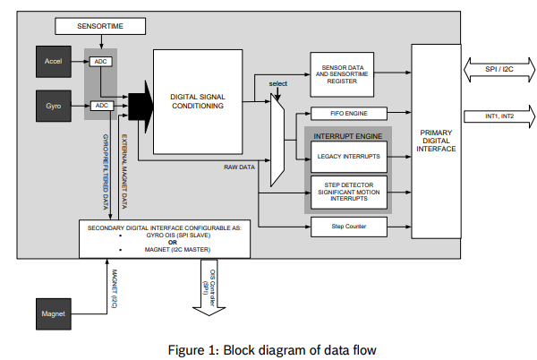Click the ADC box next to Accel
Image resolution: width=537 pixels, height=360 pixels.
[x=100, y=61]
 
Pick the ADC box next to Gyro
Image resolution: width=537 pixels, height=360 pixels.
[x=100, y=106]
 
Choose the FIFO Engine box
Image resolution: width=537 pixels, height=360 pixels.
[x=349, y=114]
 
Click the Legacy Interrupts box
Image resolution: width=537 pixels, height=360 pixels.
[x=349, y=156]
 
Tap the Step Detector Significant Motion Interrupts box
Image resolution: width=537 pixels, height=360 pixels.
[x=349, y=191]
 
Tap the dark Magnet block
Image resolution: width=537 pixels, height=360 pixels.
[x=53, y=313]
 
